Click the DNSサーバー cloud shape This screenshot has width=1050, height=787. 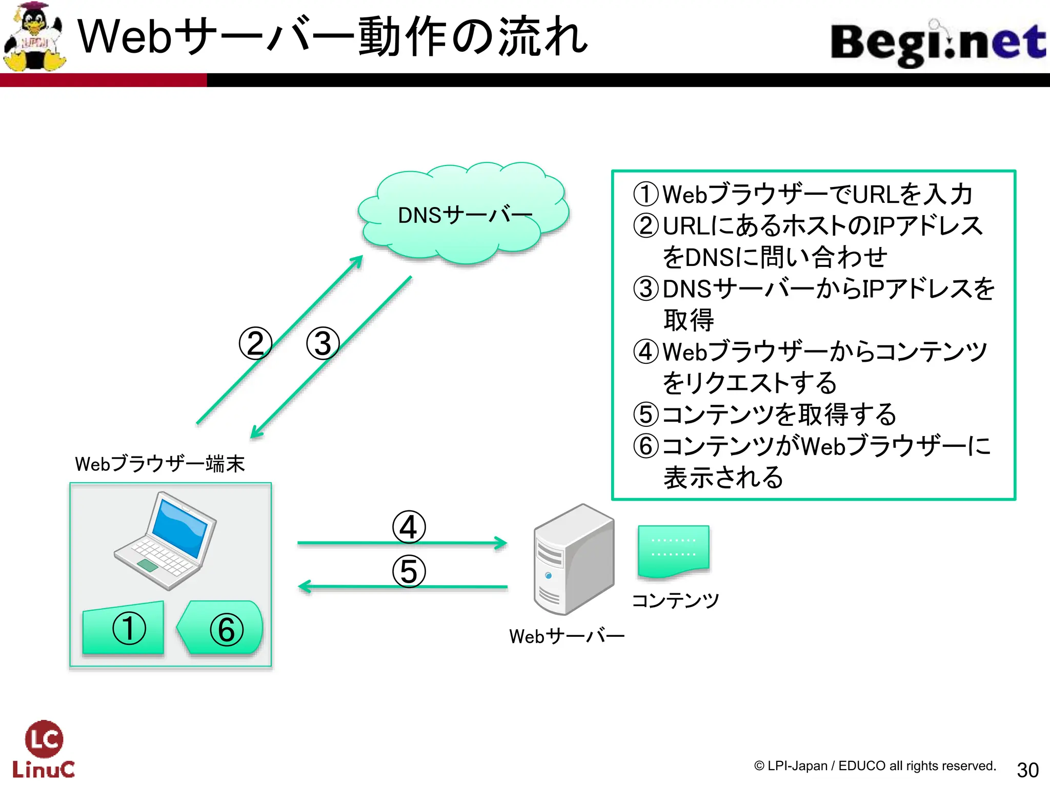tap(464, 215)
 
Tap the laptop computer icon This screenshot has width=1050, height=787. tap(165, 541)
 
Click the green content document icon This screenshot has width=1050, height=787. tap(673, 551)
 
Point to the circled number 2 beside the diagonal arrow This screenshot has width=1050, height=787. tap(255, 343)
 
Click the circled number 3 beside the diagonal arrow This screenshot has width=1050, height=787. tap(322, 343)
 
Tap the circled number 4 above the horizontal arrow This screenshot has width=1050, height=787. tap(409, 527)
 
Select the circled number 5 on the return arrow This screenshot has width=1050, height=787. tap(409, 571)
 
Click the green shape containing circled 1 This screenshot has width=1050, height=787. tap(124, 628)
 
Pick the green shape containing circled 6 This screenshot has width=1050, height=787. tap(221, 628)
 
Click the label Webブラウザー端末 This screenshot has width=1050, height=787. tap(159, 464)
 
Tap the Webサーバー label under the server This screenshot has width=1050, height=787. tap(567, 636)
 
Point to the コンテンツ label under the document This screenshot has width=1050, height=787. tap(675, 600)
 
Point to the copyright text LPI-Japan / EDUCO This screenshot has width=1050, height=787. tap(875, 766)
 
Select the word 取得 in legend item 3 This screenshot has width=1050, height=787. tap(689, 320)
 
